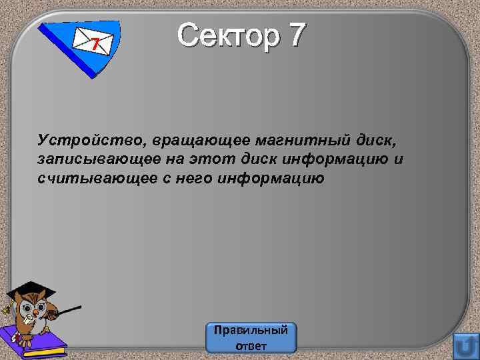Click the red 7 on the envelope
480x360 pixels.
(96, 45)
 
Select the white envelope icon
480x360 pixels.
(92, 44)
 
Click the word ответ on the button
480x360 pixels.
(251, 345)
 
